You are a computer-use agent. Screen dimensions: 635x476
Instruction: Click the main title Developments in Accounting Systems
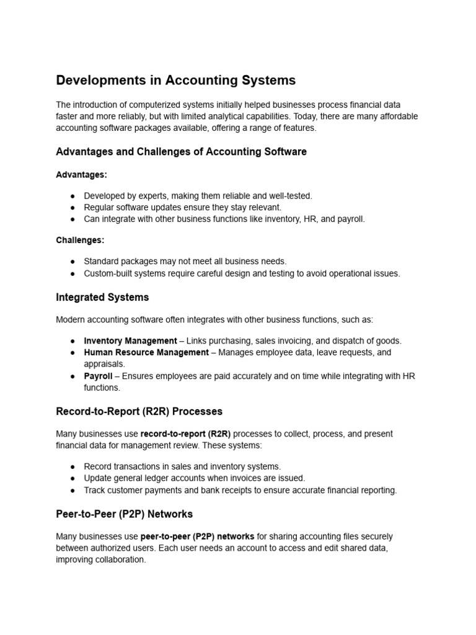click(x=176, y=81)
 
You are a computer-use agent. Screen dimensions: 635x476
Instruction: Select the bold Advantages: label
click(x=81, y=175)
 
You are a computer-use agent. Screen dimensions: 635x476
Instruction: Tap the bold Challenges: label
click(x=80, y=240)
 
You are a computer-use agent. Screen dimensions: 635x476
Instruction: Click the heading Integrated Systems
click(x=102, y=298)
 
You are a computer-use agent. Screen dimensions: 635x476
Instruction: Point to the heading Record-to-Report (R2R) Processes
click(x=139, y=412)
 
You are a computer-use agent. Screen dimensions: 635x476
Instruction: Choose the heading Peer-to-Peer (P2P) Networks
click(x=124, y=514)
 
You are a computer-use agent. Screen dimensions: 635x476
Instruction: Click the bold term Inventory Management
click(x=130, y=340)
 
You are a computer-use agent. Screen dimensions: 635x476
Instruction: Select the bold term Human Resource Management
click(x=146, y=352)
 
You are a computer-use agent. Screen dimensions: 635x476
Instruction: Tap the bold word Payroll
click(x=98, y=376)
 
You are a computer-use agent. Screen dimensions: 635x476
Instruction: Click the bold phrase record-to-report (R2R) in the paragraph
click(x=185, y=433)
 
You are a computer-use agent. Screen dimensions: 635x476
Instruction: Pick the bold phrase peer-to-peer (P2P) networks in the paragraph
click(x=197, y=536)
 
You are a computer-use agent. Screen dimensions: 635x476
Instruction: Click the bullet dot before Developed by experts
click(x=73, y=196)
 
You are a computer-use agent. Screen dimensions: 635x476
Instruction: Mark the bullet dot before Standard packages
click(x=73, y=262)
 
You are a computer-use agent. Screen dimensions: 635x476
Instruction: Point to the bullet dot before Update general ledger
click(x=73, y=478)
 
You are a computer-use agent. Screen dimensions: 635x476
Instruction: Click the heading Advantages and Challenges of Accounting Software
click(x=181, y=152)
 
